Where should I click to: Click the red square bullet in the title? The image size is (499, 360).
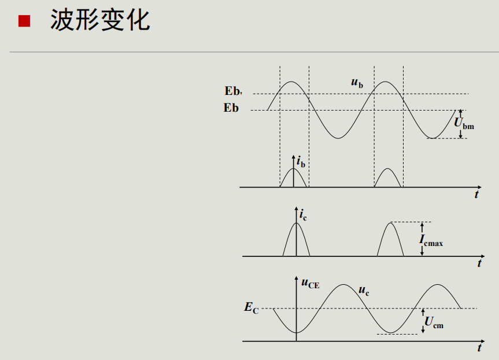tap(24, 21)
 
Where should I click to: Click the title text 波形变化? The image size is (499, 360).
tap(99, 21)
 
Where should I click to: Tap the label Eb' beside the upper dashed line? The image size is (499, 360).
tap(234, 91)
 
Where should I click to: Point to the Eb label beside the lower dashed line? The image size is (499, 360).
tap(231, 108)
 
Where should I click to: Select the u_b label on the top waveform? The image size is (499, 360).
tap(357, 83)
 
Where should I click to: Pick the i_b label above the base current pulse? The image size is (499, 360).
tap(301, 162)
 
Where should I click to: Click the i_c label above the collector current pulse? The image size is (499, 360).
tap(303, 215)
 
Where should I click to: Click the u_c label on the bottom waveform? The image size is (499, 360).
tap(364, 291)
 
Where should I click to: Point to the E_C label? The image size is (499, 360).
tap(251, 308)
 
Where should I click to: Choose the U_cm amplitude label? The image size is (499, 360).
tap(434, 322)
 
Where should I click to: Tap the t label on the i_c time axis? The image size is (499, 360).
tap(479, 263)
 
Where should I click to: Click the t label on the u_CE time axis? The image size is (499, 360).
tap(479, 348)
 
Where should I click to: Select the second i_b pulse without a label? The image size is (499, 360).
tap(388, 178)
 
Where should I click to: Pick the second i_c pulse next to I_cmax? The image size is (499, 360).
tap(390, 240)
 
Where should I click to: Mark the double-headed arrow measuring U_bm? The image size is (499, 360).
tap(460, 124)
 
